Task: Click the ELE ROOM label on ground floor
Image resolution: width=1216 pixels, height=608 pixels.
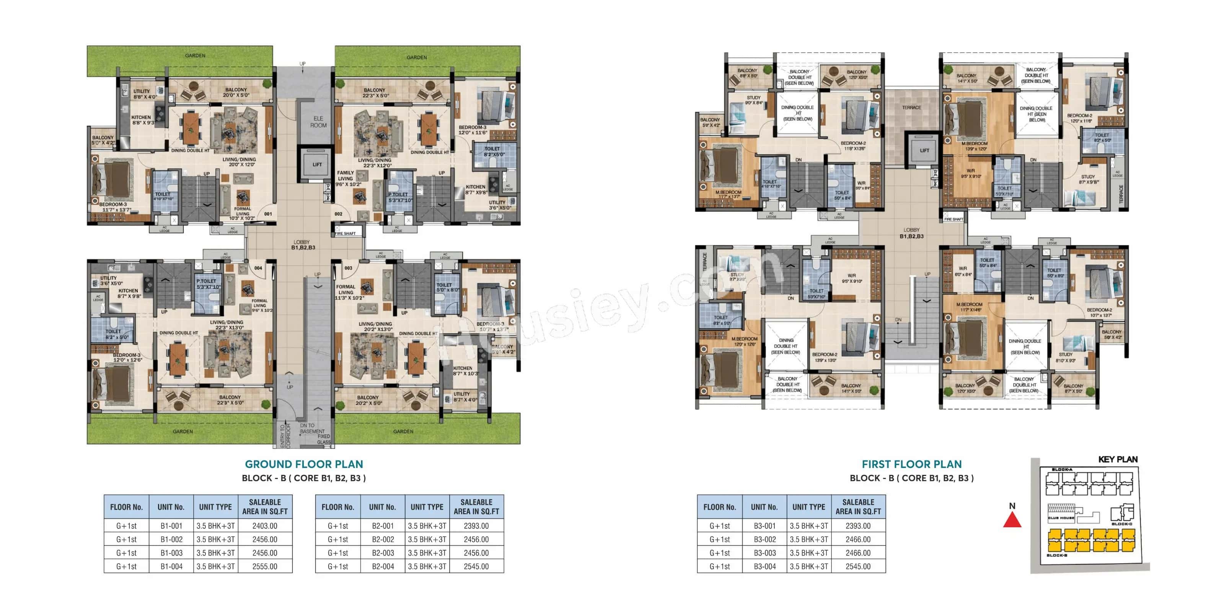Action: point(318,122)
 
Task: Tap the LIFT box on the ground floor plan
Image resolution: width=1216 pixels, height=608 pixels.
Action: point(317,164)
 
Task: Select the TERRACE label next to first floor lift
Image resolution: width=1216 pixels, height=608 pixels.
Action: point(911,108)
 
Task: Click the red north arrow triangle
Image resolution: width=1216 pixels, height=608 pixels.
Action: point(1012,520)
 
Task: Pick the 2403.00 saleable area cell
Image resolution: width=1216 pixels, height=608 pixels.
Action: point(264,526)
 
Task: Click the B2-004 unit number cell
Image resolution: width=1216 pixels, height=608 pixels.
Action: point(382,566)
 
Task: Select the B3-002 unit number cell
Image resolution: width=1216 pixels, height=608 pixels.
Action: point(764,540)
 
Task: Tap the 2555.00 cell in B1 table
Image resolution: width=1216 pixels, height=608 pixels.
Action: point(264,566)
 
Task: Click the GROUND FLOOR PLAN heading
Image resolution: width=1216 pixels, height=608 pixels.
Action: point(303,464)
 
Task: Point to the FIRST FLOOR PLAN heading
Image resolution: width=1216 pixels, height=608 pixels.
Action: point(911,464)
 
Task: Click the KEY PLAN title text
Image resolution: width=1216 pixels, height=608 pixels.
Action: point(1117,459)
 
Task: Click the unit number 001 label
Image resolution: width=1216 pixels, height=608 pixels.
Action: point(268,214)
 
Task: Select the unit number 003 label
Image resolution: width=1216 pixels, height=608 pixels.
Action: point(348,268)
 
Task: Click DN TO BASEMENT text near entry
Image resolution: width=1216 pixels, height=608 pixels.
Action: point(311,428)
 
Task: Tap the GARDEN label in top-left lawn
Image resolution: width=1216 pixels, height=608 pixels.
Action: point(195,56)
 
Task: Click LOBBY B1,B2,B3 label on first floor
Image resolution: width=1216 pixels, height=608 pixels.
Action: point(911,233)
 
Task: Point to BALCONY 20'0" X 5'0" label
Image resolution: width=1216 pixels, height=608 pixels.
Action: point(236,93)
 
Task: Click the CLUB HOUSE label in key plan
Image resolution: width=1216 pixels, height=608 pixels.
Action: point(1061,518)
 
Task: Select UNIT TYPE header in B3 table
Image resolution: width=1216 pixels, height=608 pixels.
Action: point(808,507)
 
